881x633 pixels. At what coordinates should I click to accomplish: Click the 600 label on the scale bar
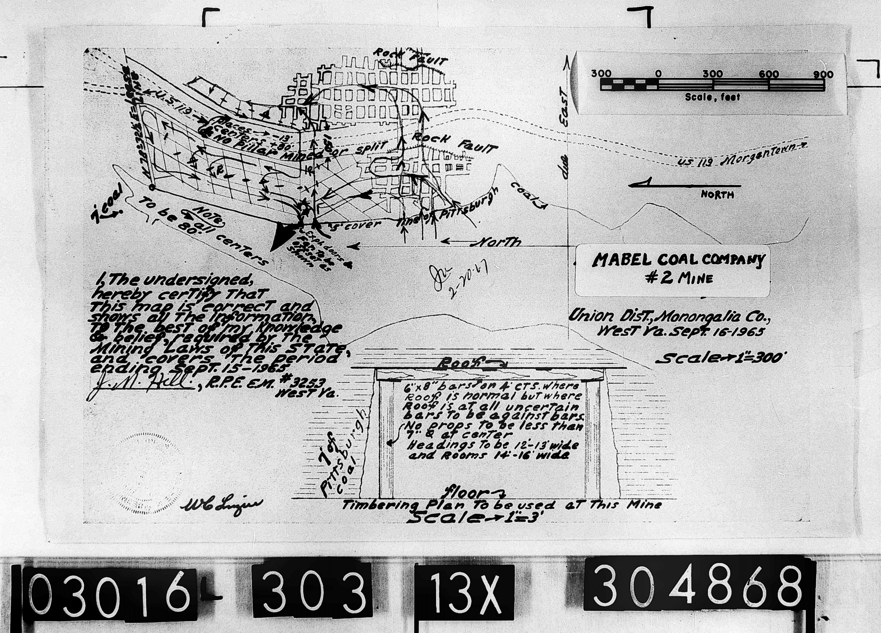pos(769,74)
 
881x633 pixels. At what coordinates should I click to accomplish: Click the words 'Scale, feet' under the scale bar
pos(712,97)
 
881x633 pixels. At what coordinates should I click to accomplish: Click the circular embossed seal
pos(146,474)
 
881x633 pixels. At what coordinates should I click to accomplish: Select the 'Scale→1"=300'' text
pos(719,358)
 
